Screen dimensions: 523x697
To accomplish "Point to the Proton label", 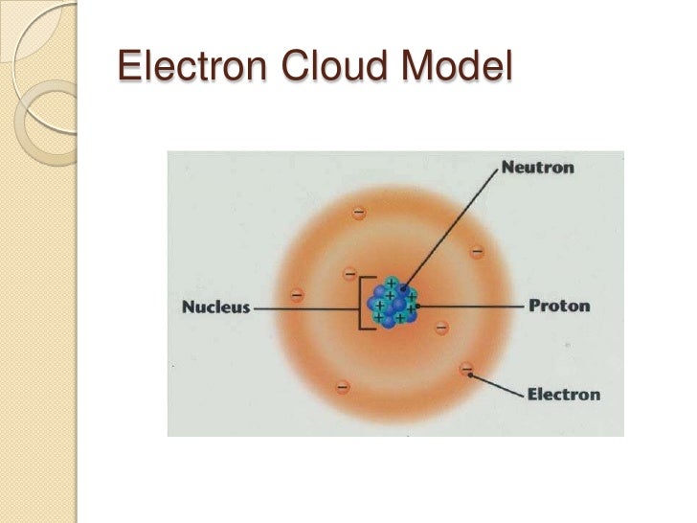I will pos(560,307).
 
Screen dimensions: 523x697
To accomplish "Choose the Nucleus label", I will pos(215,307).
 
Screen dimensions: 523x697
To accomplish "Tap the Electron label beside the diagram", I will pos(564,394).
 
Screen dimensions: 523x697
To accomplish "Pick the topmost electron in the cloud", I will pos(360,210).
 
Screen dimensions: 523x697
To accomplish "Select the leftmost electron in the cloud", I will pos(298,295).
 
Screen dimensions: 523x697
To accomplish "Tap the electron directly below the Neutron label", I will pos(477,252).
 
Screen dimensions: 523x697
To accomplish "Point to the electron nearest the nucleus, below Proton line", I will pos(441,328).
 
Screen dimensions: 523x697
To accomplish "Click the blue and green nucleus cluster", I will pos(393,302).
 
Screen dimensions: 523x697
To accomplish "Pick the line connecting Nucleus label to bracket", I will pos(304,308).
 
